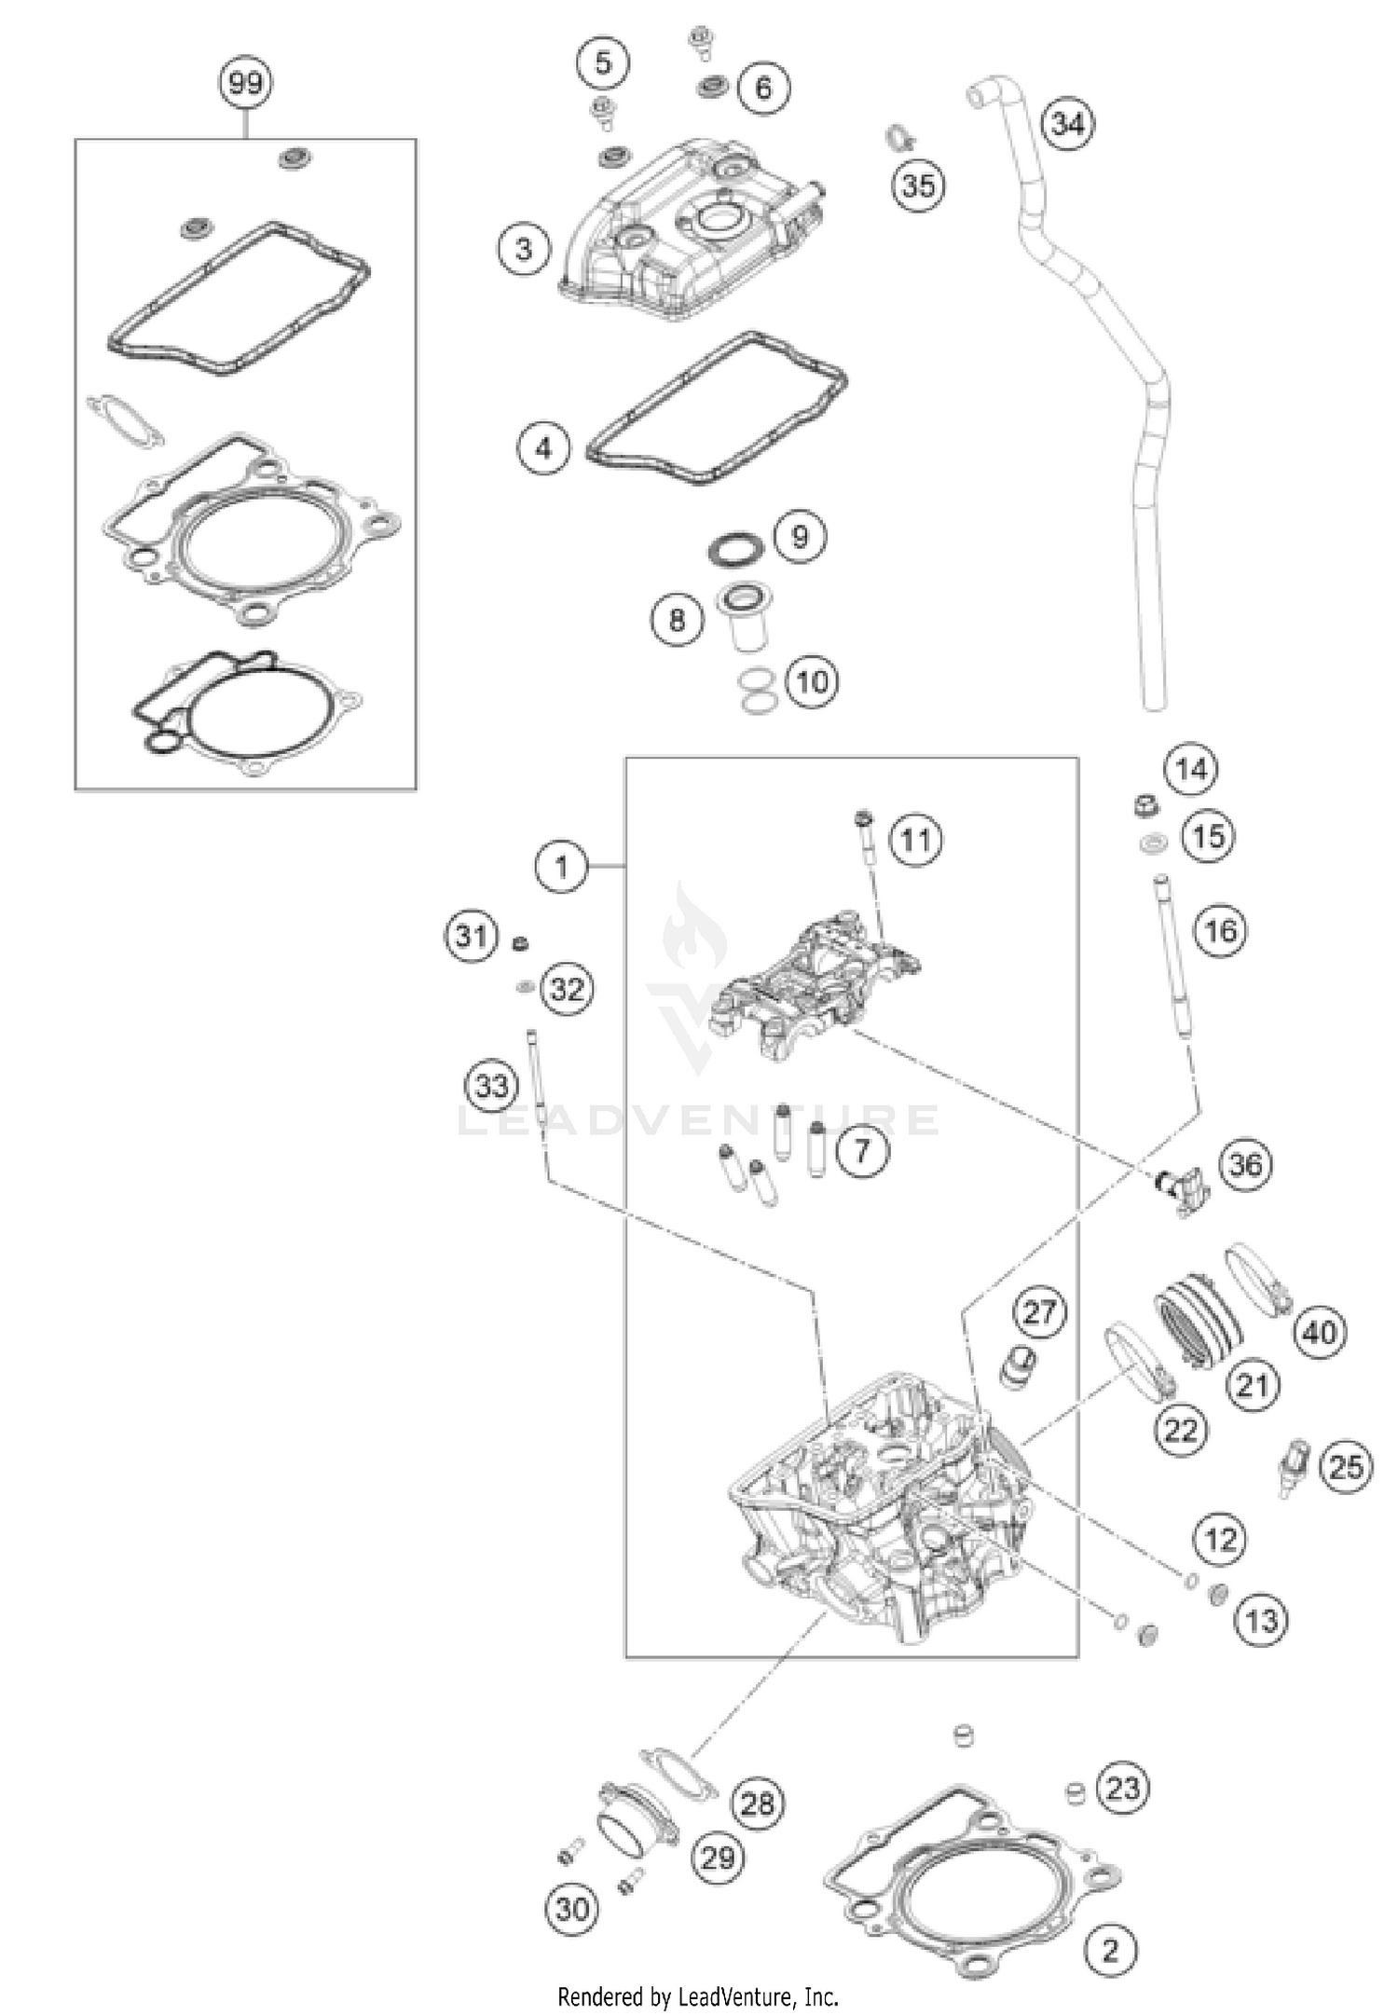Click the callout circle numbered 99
245,84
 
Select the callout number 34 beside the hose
1067,123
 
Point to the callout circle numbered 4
543,448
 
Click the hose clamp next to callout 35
898,138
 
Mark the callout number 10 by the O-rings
812,681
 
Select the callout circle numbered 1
561,868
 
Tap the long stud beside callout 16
1172,960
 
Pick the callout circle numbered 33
492,1085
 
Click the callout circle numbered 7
861,1151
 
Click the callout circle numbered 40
1319,1333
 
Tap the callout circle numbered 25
1345,1468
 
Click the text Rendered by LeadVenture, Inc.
698,1996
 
